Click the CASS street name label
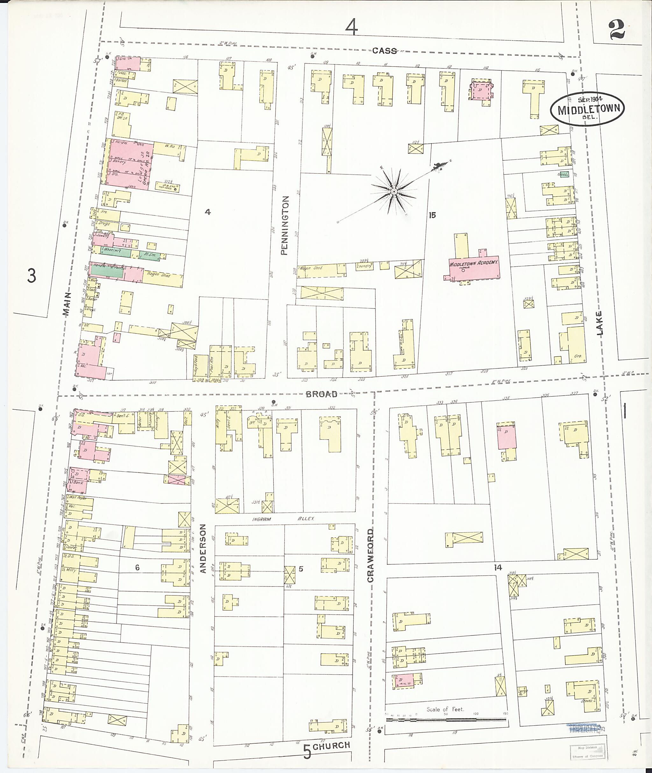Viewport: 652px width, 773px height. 384,51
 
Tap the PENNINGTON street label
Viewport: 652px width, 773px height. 284,225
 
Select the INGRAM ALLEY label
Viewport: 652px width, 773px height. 283,519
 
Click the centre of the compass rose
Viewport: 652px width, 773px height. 394,191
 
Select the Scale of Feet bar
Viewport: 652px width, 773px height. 446,720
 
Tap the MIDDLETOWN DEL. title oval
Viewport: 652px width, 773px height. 587,109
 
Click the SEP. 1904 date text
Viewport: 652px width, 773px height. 590,99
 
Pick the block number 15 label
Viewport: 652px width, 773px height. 432,215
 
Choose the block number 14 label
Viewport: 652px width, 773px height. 498,567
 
